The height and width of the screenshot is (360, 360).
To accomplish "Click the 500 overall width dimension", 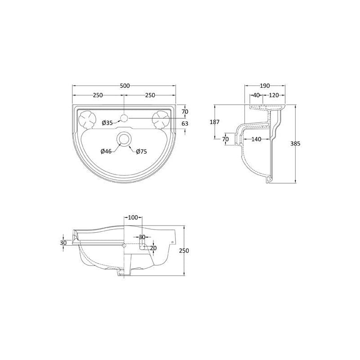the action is pos(125,86).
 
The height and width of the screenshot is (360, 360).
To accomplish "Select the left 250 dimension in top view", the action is pos(98,95).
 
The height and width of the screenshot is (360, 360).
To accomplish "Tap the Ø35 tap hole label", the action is pos(107,123).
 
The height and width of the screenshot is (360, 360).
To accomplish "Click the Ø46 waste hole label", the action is pos(106,151).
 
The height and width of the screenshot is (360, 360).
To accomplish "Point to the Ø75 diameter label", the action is pos(141,152).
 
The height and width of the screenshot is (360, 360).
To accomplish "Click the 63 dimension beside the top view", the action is pos(185,124).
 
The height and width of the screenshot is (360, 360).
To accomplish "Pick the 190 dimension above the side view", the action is pos(265,86).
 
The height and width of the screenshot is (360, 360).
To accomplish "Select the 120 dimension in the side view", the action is pos(274,95).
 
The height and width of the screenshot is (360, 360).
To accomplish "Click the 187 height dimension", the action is pos(215,122).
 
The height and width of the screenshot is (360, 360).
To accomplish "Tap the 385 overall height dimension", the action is pos(295,144).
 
